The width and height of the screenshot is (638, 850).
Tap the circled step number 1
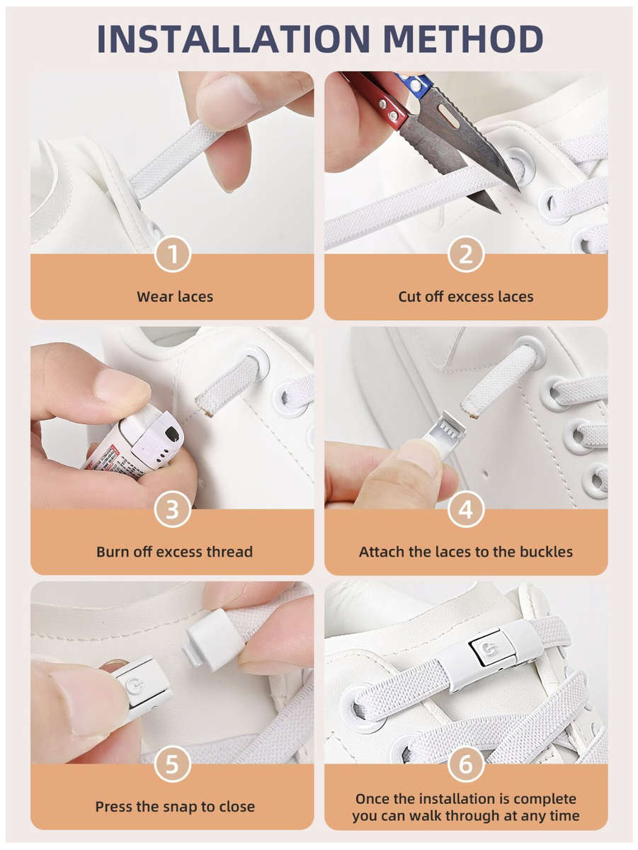173,254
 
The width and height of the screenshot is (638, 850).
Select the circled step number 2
465,254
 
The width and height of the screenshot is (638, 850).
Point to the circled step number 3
173,509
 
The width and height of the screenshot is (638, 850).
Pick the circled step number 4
465,509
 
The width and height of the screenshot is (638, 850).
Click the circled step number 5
173,764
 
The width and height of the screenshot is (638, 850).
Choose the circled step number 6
465,764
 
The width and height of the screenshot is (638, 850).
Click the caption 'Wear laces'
175,296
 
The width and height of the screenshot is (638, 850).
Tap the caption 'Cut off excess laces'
465,296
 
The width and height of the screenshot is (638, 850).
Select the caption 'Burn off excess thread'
174,551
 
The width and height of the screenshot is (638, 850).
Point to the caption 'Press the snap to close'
175,806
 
